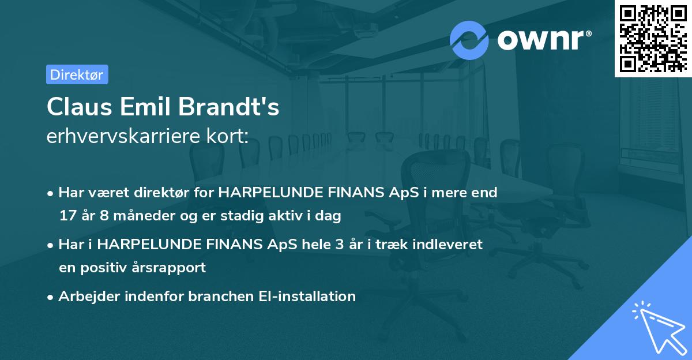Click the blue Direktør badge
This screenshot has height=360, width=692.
tap(77, 74)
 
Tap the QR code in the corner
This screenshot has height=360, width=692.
tap(653, 39)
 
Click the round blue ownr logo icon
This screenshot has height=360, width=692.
tap(469, 40)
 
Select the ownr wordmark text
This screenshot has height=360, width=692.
tap(544, 40)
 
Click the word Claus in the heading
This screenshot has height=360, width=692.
tap(80, 107)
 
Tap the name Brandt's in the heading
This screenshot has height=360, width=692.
tap(228, 107)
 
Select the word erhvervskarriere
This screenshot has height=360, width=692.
tap(123, 136)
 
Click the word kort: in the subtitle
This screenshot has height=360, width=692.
tap(227, 136)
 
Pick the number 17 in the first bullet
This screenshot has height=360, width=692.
tap(67, 215)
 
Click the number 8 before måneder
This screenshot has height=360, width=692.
tap(104, 215)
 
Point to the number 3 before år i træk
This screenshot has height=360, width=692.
tap(340, 245)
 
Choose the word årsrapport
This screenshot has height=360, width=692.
tap(168, 268)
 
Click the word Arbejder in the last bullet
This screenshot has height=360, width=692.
tap(89, 297)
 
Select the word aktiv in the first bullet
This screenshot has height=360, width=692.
tap(286, 215)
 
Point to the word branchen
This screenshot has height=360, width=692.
tap(221, 296)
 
